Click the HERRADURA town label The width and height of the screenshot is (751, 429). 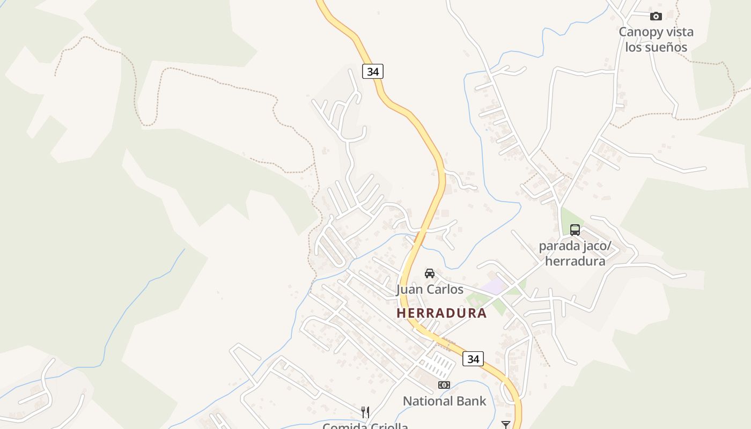pos(441,313)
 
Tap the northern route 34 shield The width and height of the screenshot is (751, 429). pos(373,71)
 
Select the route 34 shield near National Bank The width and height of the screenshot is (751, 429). pos(473,359)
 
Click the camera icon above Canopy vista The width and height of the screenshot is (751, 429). pos(656,16)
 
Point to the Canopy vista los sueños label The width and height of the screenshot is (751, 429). pos(656,39)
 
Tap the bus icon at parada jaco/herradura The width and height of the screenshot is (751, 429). pos(575,230)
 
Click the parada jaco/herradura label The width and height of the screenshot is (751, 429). pos(575,254)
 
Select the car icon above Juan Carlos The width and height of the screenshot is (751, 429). pos(430,273)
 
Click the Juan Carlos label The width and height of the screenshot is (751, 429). pos(430,290)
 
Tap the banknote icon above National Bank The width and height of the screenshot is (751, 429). pos(444,385)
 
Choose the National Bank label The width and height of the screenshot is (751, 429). pos(444,401)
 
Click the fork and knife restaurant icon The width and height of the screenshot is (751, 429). pos(365,412)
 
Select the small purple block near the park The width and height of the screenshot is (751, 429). pos(495,286)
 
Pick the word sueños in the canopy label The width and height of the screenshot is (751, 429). pos(666,47)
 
